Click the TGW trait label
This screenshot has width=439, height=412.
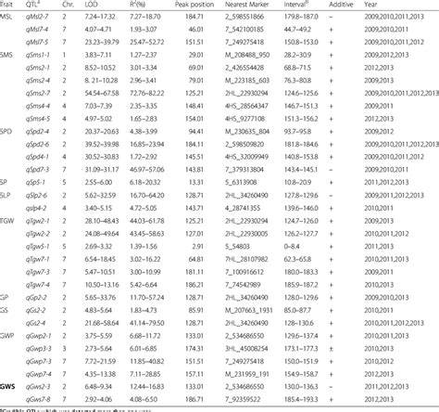[9, 222]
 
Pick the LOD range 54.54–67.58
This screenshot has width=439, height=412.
[104, 120]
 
